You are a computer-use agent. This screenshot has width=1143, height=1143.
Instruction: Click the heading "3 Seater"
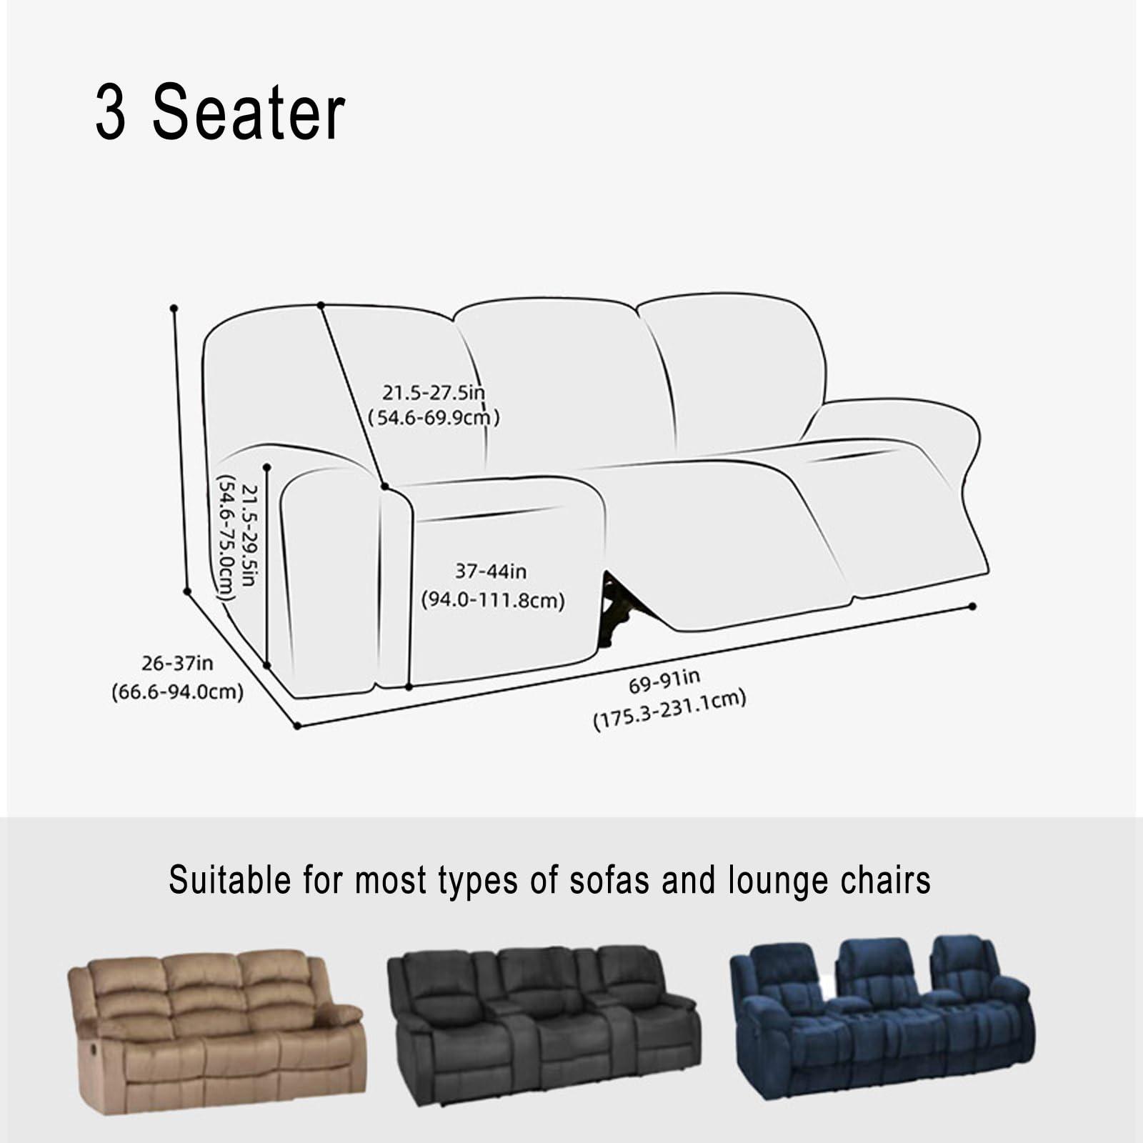(x=220, y=113)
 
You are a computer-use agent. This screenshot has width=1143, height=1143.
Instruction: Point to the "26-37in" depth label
(x=177, y=664)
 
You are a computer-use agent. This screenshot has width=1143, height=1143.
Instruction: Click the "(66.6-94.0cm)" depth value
(x=177, y=692)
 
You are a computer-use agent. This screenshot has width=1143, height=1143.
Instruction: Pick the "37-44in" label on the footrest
(x=491, y=571)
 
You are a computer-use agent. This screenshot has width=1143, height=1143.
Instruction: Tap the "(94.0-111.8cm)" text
(x=493, y=600)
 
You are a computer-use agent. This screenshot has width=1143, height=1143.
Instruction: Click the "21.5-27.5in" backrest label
(x=433, y=392)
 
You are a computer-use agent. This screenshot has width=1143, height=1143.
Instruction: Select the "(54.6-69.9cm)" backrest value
(x=434, y=417)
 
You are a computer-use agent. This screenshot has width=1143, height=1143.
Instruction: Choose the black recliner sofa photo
(x=544, y=1024)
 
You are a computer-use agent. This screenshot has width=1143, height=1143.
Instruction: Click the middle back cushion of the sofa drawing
(x=564, y=379)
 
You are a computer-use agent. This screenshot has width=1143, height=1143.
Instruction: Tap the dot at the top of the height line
(x=174, y=309)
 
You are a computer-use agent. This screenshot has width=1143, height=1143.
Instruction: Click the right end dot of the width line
(x=972, y=607)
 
